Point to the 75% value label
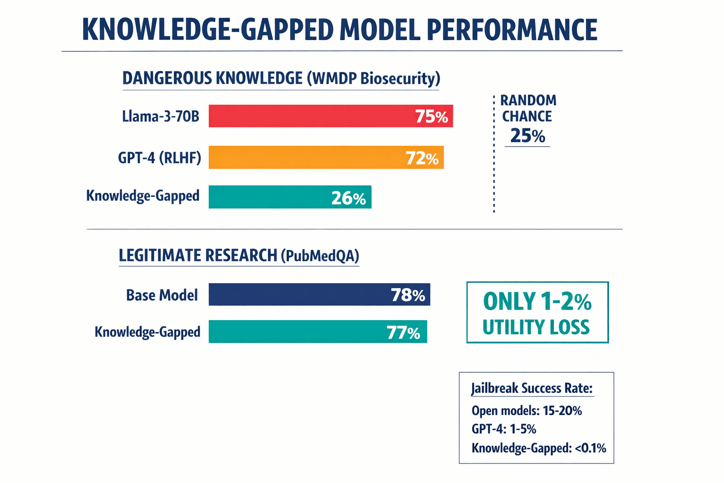coord(431,117)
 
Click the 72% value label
coord(422,158)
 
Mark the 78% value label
coord(408,295)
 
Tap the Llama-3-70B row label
coord(160,116)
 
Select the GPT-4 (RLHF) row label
coord(159,158)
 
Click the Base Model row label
coord(162,295)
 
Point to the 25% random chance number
coord(527,136)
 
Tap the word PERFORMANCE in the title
coord(512,30)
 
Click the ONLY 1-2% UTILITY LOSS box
coord(537,313)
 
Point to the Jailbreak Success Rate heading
coord(532,389)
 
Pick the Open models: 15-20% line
coord(527,411)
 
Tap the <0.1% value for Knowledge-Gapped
coord(590,448)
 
